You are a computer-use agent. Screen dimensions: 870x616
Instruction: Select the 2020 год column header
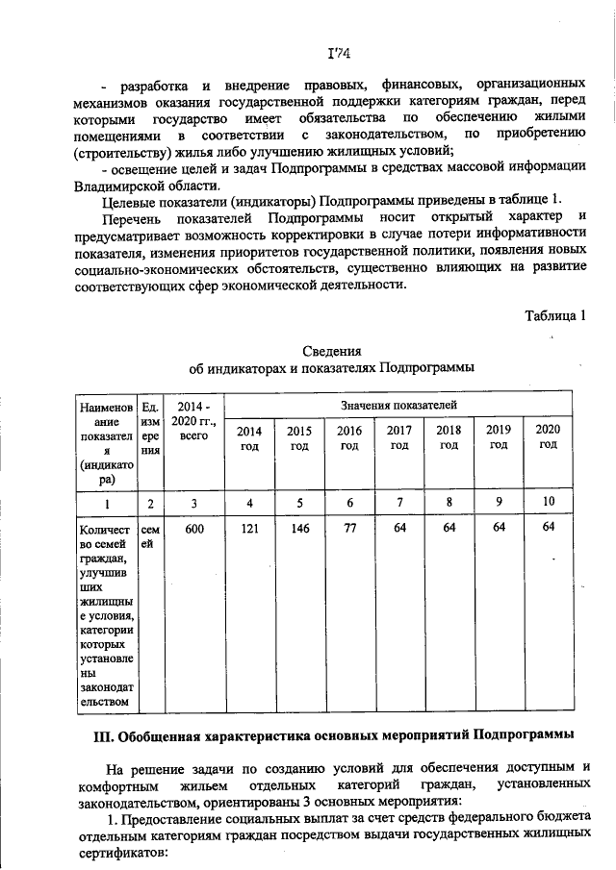[x=548, y=436]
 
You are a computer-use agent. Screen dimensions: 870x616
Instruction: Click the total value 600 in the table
[x=194, y=527]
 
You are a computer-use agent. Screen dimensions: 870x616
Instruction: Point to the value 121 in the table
[x=249, y=527]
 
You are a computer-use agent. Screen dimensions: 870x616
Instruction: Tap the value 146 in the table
[x=299, y=527]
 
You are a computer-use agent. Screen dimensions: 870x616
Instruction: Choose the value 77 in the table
[x=349, y=527]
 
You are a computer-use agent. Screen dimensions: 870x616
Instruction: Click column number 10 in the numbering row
[x=548, y=502]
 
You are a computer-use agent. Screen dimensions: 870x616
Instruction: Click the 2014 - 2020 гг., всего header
[x=194, y=422]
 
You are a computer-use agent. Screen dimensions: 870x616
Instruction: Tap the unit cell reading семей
[x=150, y=534]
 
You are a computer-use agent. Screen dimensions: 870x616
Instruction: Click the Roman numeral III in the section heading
[x=103, y=735]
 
